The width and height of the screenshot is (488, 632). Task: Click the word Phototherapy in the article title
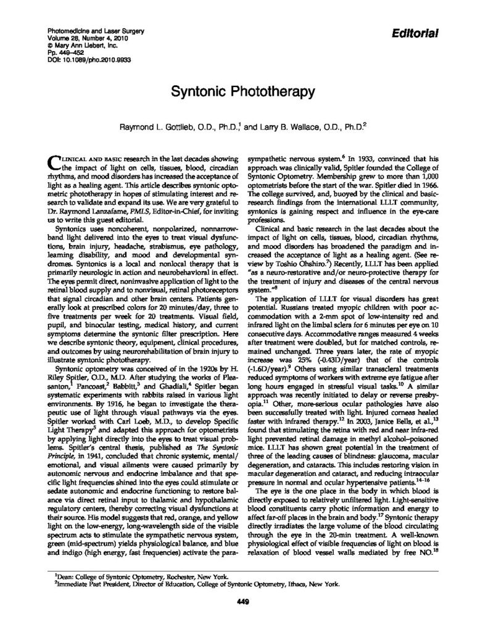click(x=279, y=93)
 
